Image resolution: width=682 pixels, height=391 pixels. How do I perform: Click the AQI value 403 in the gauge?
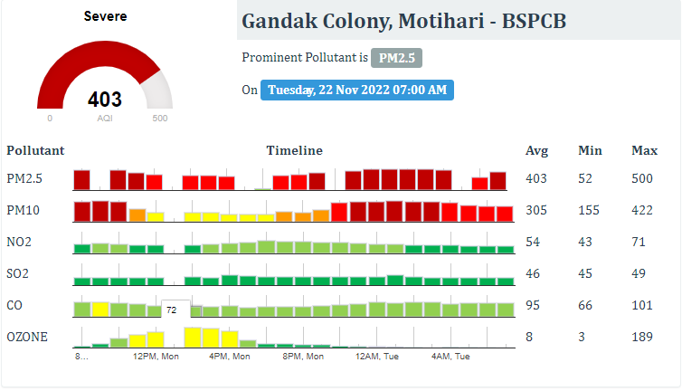pyautogui.click(x=105, y=100)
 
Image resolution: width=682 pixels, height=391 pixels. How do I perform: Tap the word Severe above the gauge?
pyautogui.click(x=105, y=16)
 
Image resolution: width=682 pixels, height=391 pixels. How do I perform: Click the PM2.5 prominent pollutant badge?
pyautogui.click(x=396, y=58)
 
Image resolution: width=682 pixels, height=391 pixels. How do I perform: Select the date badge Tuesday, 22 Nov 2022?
pyautogui.click(x=357, y=91)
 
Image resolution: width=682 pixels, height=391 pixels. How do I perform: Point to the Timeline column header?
pyautogui.click(x=294, y=150)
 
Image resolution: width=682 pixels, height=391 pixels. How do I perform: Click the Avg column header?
pyautogui.click(x=536, y=150)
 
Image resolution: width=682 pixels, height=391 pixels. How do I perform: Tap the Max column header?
pyautogui.click(x=644, y=150)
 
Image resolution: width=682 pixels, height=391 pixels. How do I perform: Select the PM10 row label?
pyautogui.click(x=22, y=210)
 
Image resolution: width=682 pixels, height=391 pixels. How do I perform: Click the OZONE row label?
pyautogui.click(x=27, y=337)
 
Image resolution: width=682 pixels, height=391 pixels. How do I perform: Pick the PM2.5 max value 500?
pyautogui.click(x=642, y=179)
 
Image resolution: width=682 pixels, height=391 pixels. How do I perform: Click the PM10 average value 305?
pyautogui.click(x=536, y=210)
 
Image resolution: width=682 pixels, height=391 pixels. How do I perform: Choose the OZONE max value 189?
pyautogui.click(x=642, y=337)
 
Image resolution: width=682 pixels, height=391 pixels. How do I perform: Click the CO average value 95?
pyautogui.click(x=533, y=305)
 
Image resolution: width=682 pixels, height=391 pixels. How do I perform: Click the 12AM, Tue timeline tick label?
pyautogui.click(x=378, y=357)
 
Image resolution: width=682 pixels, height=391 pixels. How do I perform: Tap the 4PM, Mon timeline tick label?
pyautogui.click(x=230, y=357)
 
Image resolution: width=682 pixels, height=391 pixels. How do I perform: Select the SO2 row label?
pyautogui.click(x=17, y=273)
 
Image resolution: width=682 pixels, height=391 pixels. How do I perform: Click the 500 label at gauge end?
pyautogui.click(x=160, y=119)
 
